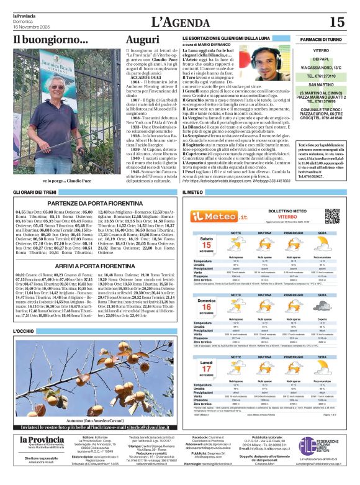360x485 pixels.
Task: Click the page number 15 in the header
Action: (336, 22)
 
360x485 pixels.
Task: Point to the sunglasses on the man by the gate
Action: (60, 83)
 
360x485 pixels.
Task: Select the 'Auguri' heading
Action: (142, 40)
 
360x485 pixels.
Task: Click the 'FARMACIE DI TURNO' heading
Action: (321, 39)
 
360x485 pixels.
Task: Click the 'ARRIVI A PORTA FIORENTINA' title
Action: (96, 265)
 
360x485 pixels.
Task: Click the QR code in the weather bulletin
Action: (333, 215)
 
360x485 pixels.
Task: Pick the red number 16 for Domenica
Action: (207, 307)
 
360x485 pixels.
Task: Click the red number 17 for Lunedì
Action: (207, 369)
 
